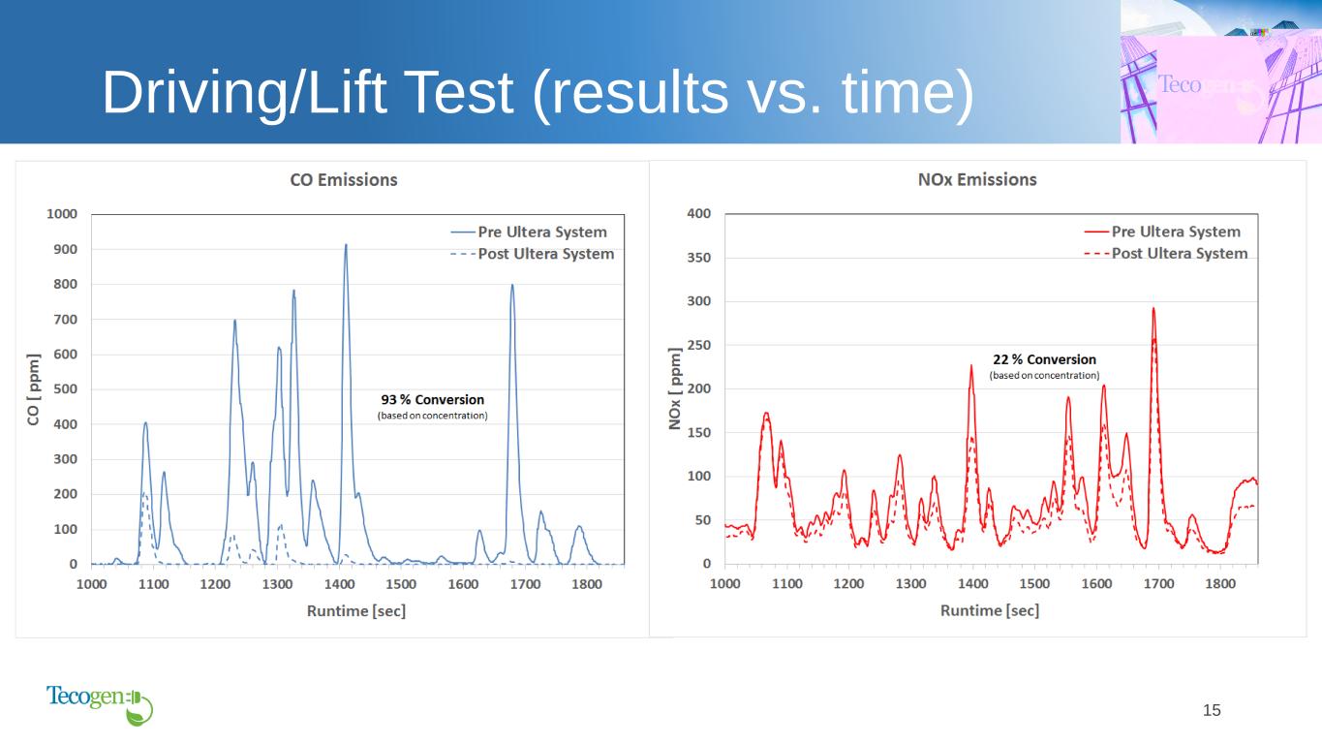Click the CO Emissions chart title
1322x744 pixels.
click(344, 180)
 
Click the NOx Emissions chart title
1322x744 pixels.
click(976, 180)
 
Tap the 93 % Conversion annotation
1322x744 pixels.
click(432, 400)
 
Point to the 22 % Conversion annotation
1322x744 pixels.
click(1044, 359)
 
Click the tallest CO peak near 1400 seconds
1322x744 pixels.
click(346, 246)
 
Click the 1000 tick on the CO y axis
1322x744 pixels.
click(65, 214)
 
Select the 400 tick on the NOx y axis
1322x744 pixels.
click(699, 214)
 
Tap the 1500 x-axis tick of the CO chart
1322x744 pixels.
click(401, 584)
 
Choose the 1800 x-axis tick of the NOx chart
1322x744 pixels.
click(1220, 584)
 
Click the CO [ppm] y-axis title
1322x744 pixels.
click(34, 388)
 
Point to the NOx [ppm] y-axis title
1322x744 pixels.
click(675, 388)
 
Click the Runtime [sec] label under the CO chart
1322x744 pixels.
click(356, 610)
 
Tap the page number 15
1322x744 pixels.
click(1212, 711)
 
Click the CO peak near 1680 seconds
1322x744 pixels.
click(512, 286)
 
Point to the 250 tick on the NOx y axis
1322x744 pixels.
click(699, 346)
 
